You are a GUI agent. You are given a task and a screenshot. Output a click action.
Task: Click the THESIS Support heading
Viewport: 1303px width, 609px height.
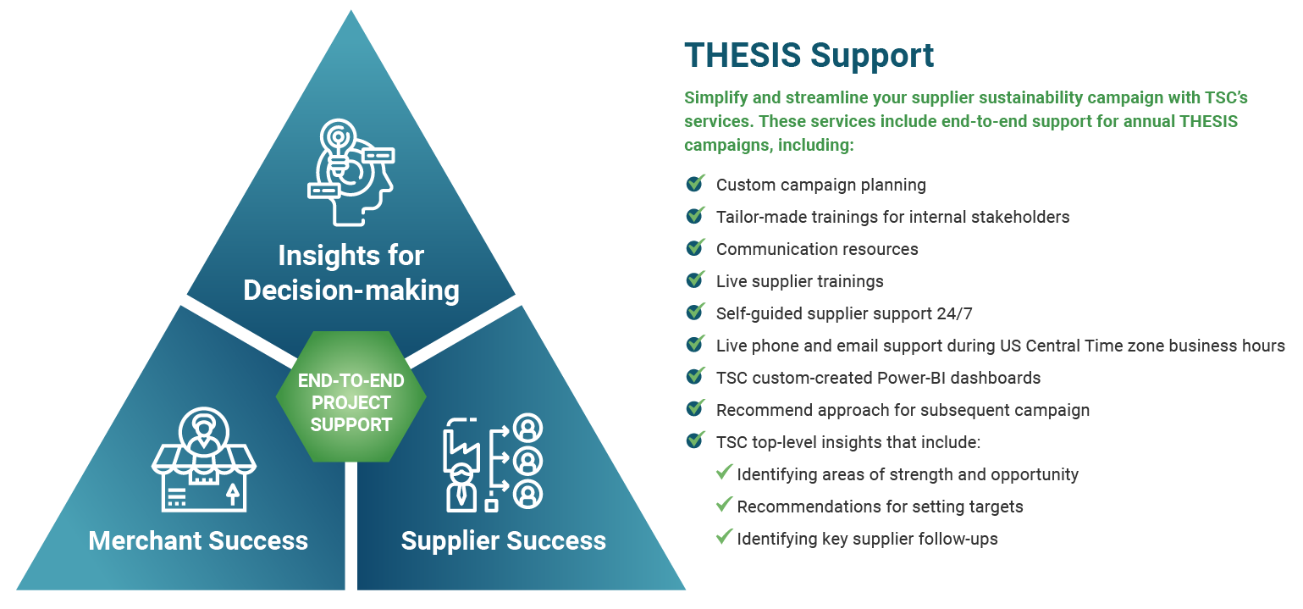809,56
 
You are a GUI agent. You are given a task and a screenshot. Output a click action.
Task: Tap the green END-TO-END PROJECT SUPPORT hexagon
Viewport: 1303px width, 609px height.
351,396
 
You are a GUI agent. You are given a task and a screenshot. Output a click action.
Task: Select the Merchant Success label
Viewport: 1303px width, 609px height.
198,541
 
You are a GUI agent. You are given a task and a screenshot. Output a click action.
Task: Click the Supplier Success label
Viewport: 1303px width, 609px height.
503,541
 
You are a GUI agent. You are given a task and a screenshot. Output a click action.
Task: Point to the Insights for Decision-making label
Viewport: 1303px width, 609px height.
351,273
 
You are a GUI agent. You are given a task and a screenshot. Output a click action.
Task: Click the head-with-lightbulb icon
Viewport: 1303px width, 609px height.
351,172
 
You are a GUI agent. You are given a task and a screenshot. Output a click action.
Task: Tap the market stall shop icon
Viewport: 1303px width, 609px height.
203,459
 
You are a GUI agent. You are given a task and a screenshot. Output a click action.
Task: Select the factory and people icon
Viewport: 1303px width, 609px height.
494,462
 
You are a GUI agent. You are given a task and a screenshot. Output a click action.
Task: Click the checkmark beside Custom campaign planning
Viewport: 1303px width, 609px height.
695,183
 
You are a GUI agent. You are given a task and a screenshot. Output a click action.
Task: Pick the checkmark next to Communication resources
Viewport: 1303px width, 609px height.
695,246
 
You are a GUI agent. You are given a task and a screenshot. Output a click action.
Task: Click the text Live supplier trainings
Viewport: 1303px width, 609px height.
800,281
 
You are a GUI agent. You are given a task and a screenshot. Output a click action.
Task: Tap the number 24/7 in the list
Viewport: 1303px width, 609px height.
954,313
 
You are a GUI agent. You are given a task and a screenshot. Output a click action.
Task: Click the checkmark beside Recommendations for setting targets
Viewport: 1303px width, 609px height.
724,504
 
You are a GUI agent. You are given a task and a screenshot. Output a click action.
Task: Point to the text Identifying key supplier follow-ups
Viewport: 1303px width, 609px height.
867,540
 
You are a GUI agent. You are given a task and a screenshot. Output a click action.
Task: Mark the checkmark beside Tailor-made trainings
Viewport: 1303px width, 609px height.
695,215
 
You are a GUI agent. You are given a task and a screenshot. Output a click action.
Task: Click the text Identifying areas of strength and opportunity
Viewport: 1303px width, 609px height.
908,474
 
